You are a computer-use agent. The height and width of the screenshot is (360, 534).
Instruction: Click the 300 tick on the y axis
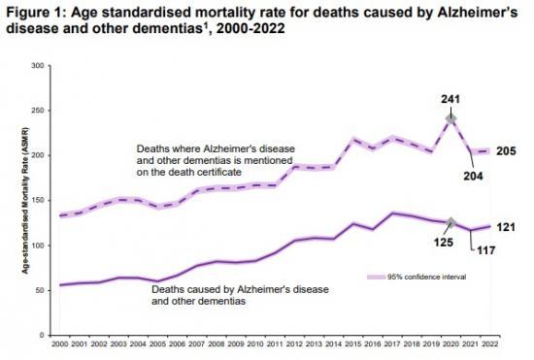[x=39, y=66]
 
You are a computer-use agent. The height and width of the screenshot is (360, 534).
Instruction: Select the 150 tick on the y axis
[x=39, y=200]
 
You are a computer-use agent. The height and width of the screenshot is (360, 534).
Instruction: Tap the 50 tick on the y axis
[x=41, y=290]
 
